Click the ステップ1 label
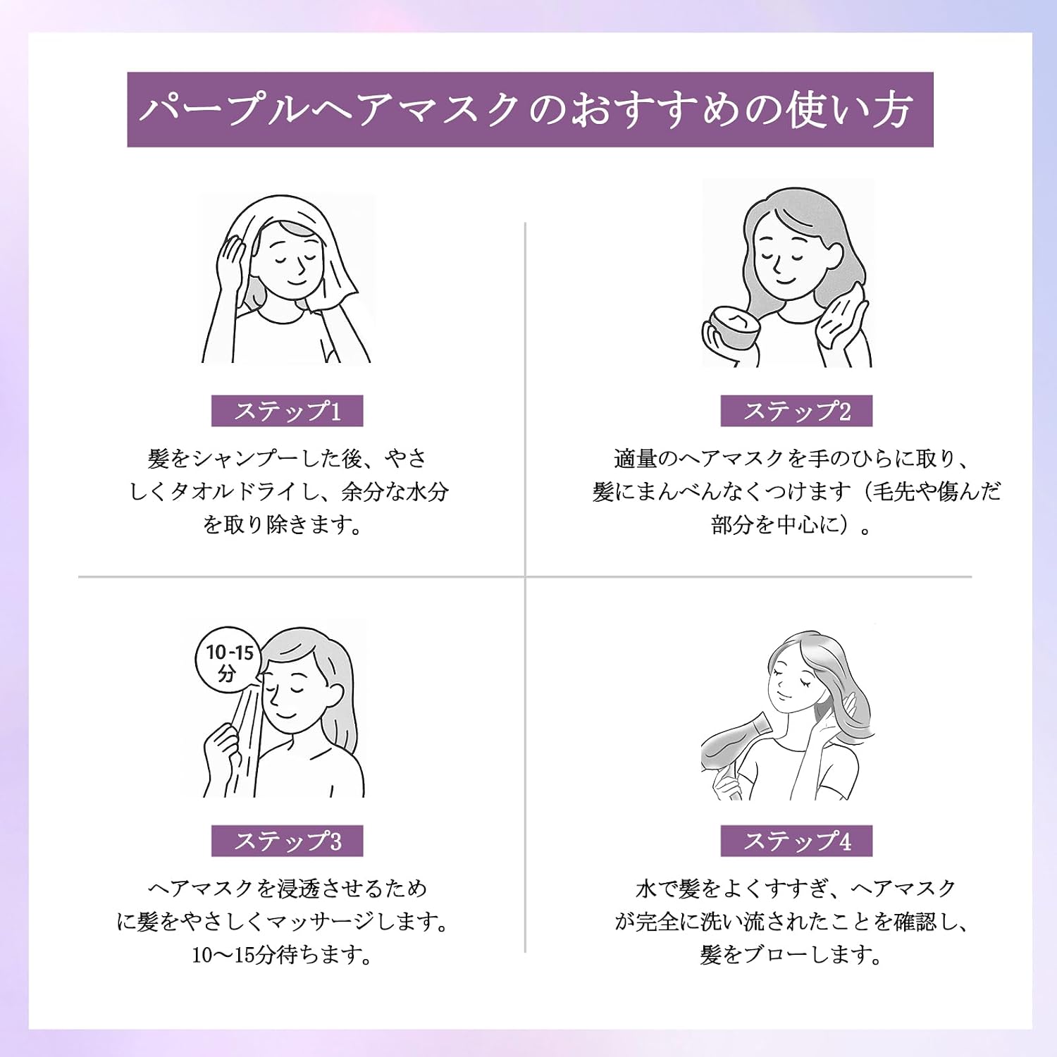(288, 411)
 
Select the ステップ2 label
(796, 411)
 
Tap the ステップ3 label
(288, 841)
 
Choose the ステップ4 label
(796, 841)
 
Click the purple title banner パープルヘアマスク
(530, 110)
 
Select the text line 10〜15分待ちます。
(282, 955)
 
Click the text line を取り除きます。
(282, 524)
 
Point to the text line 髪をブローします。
(791, 955)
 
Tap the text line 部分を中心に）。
(791, 524)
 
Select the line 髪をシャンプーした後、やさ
(288, 459)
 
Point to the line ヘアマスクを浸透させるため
(288, 889)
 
